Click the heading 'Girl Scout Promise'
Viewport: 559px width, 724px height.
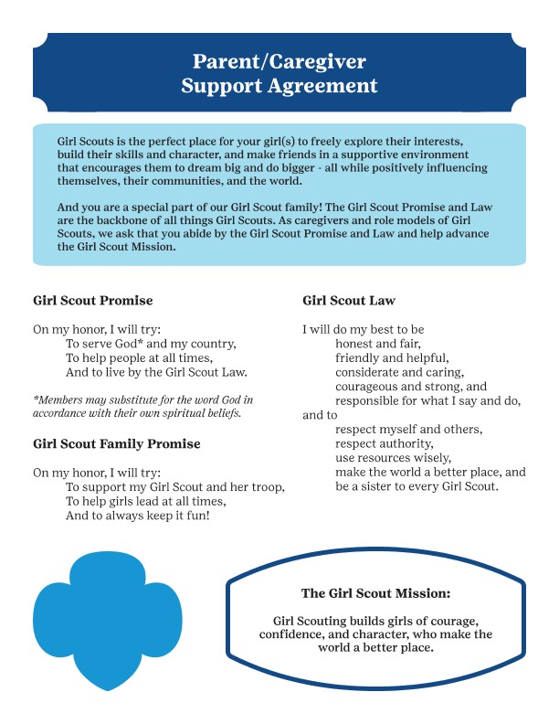tap(92, 301)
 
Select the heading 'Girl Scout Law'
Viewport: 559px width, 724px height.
tap(348, 301)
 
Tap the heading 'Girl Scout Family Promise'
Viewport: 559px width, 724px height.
tap(116, 444)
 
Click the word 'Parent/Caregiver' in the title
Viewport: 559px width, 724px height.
tap(279, 62)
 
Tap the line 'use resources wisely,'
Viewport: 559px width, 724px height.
tap(394, 457)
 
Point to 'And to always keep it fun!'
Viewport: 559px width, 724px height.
tap(138, 516)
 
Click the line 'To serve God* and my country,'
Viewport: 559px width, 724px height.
tap(151, 344)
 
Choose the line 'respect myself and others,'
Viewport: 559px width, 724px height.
tap(408, 429)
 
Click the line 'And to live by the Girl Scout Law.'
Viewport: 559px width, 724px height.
tap(156, 372)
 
